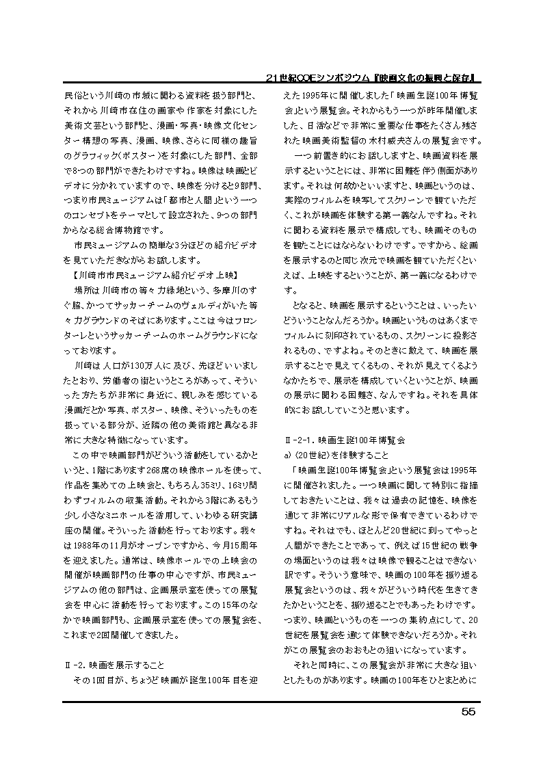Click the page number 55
tap(468, 712)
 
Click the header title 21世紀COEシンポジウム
tap(321, 77)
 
